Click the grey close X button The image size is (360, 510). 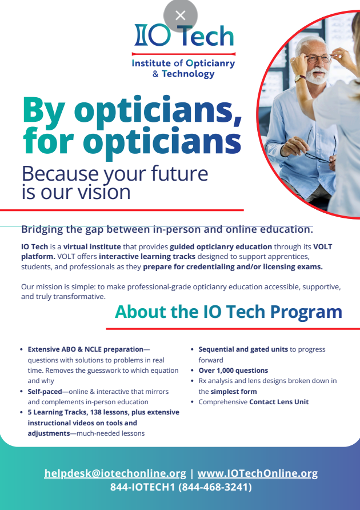pos(181,15)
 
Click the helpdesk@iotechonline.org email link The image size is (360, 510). pos(115,473)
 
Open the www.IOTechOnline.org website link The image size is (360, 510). pos(258,473)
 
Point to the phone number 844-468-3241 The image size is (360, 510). pos(215,487)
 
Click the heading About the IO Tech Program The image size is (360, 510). pos(229,312)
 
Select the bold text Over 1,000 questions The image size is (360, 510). pos(233,370)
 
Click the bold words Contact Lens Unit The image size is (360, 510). pos(279,402)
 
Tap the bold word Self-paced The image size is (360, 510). pos(45,392)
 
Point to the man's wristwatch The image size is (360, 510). pos(300,78)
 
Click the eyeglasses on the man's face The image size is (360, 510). pos(318,58)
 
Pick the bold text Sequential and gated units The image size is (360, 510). pos(243,349)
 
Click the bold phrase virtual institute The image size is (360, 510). pos(92,246)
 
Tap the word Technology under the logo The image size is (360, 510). pos(189,74)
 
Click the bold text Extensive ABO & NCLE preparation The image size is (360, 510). pos(86,350)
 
